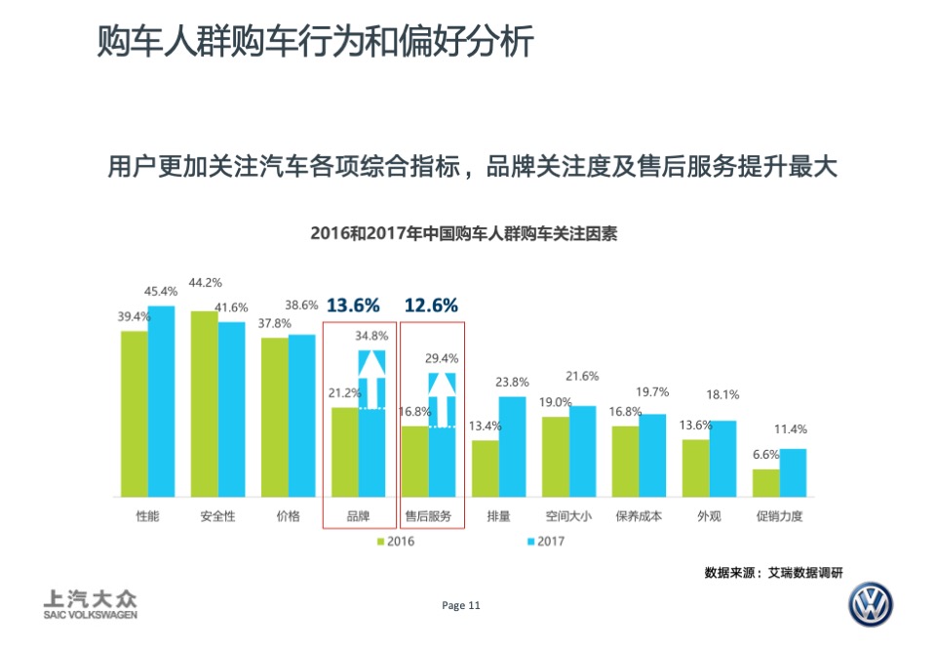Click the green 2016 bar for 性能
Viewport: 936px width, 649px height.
click(x=135, y=414)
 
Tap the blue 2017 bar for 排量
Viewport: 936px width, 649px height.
click(x=513, y=446)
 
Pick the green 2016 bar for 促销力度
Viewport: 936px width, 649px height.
click(x=766, y=483)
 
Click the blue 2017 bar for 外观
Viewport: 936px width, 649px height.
click(x=723, y=459)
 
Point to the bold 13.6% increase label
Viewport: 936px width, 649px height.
click(x=353, y=305)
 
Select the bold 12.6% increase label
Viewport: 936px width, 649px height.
click(x=431, y=305)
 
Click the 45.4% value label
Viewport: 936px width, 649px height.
click(x=161, y=291)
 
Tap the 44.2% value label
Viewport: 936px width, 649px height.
click(x=206, y=282)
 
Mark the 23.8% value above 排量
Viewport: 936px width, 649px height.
click(x=512, y=382)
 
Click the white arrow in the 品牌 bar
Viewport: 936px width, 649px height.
click(x=372, y=378)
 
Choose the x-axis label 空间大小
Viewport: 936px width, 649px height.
click(x=568, y=515)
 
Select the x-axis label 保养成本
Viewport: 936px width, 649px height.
click(x=639, y=515)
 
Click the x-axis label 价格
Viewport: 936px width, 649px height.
click(x=289, y=515)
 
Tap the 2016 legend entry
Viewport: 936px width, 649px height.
click(x=394, y=541)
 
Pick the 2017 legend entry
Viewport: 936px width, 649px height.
click(x=544, y=541)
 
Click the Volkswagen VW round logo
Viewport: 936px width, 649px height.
click(x=870, y=606)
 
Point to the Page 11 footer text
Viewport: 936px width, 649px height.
click(x=461, y=605)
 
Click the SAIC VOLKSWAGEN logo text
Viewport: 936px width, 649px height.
click(x=91, y=605)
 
